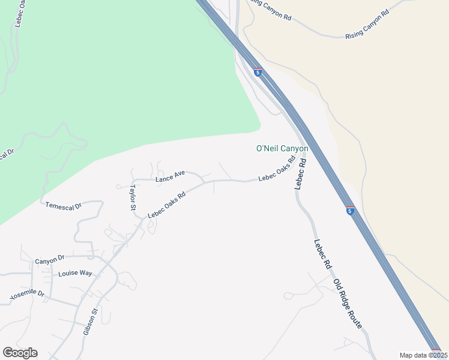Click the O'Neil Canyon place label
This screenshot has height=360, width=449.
tap(282, 148)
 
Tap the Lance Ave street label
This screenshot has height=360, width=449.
tap(170, 176)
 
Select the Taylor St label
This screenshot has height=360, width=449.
tap(131, 196)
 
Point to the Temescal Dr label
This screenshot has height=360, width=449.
tap(63, 206)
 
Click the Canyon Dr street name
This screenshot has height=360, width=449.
tap(49, 260)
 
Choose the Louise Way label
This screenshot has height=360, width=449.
tap(75, 273)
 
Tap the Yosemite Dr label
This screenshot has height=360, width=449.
tap(28, 295)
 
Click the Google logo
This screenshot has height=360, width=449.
tap(20, 353)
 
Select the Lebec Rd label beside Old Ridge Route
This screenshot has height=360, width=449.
tap(322, 253)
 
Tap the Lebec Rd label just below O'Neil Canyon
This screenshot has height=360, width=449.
tap(300, 173)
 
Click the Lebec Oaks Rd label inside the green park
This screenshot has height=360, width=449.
tap(16, 13)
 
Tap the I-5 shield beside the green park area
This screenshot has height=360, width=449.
tap(257, 73)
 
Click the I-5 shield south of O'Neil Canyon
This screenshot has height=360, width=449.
tap(349, 210)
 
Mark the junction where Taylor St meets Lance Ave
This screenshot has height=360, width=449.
tap(133, 180)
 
